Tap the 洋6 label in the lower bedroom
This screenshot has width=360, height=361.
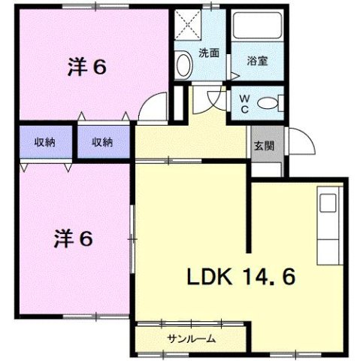pyautogui.click(x=72, y=238)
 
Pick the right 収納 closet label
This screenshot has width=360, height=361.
pyautogui.click(x=102, y=141)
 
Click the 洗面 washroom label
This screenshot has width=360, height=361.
pyautogui.click(x=209, y=53)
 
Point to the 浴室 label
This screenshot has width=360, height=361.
pyautogui.click(x=257, y=61)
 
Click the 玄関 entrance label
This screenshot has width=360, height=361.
pyautogui.click(x=262, y=147)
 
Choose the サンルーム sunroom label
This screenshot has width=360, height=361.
pyautogui.click(x=191, y=338)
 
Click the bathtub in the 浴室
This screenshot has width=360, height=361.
pyautogui.click(x=257, y=29)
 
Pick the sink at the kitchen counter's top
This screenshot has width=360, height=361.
pyautogui.click(x=328, y=204)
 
